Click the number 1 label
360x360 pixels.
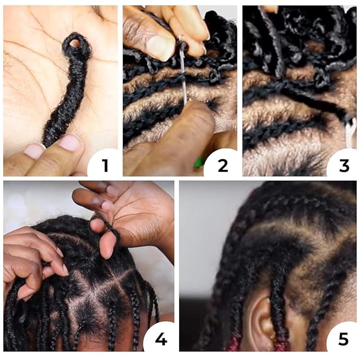point(105,165)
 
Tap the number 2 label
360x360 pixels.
point(223,165)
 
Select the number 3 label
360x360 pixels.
point(344,165)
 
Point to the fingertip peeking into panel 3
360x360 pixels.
point(270,8)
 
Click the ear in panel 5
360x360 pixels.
point(262,321)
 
